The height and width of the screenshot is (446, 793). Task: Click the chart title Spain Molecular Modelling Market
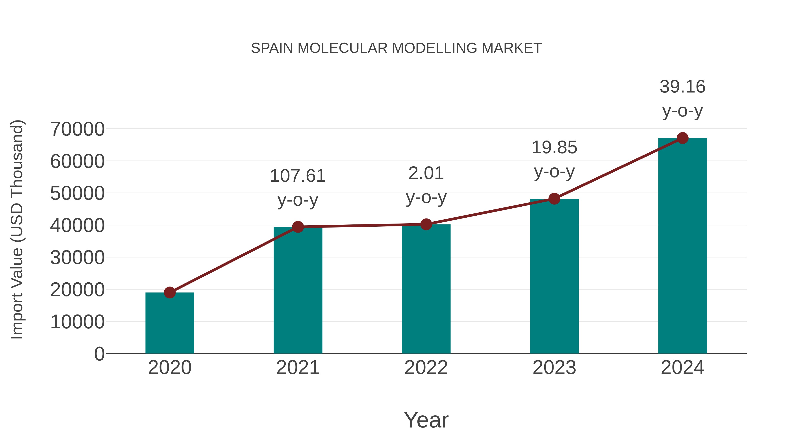(396, 48)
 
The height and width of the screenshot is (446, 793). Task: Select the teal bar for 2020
(170, 323)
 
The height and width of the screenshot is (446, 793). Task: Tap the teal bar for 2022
(426, 289)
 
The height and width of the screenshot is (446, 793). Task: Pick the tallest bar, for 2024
(682, 246)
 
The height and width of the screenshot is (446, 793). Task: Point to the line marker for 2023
(554, 199)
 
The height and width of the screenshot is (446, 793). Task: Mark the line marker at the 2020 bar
(170, 292)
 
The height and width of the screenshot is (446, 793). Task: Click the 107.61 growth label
(298, 176)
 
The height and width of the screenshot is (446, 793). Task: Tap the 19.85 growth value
(554, 147)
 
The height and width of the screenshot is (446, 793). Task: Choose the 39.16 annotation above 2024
(682, 87)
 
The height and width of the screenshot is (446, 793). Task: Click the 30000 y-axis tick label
(77, 258)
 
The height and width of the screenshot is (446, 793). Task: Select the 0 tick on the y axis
(99, 354)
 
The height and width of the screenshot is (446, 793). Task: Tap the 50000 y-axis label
(77, 193)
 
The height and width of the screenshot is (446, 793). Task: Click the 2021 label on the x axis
(298, 368)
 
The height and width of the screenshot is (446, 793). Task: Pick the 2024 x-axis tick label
(682, 368)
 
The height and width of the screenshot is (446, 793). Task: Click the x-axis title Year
(426, 420)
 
